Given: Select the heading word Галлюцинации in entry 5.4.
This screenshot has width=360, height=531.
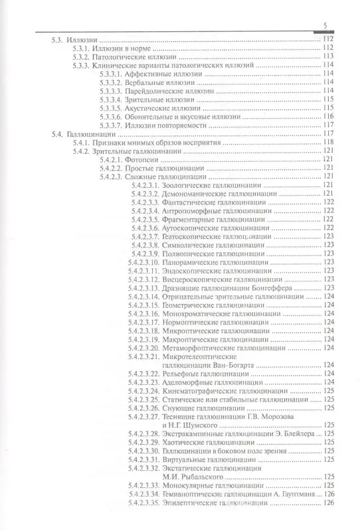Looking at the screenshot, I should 94,134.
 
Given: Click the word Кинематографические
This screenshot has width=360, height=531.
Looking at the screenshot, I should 204,392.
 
